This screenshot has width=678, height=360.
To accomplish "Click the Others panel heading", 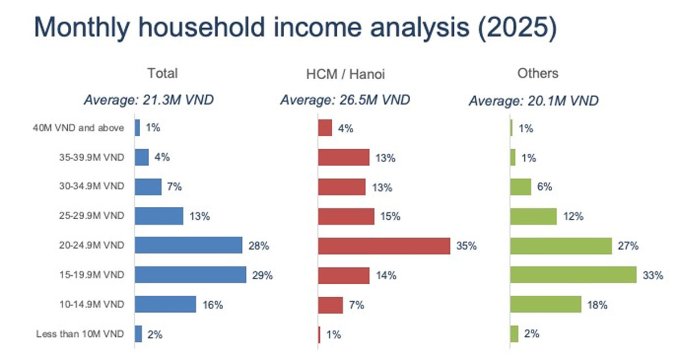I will pyautogui.click(x=537, y=73).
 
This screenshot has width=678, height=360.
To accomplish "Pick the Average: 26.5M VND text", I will pyautogui.click(x=345, y=101).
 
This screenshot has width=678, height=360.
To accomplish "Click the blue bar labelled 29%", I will pyautogui.click(x=190, y=275).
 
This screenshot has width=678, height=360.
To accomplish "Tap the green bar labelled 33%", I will pyautogui.click(x=573, y=275).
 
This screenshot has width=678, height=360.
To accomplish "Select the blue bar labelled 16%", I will pyautogui.click(x=166, y=305).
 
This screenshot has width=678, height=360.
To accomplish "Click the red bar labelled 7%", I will pyautogui.click(x=331, y=305).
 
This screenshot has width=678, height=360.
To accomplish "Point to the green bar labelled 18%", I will pyautogui.click(x=546, y=305).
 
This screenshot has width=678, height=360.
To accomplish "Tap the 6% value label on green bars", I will pyautogui.click(x=544, y=186).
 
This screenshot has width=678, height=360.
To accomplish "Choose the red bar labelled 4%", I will pyautogui.click(x=325, y=128).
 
